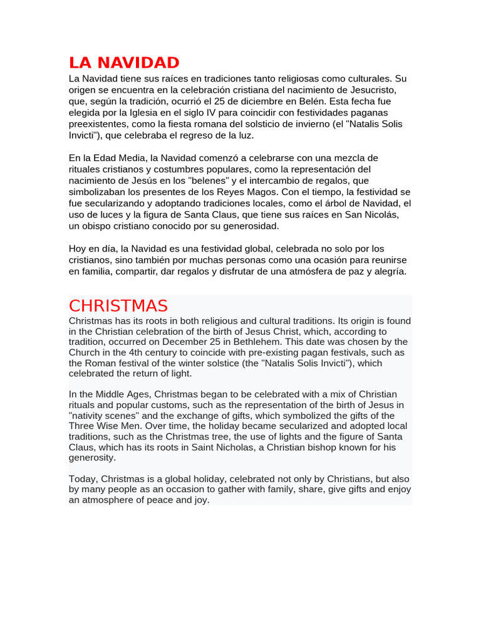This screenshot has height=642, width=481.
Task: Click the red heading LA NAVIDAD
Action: click(124, 63)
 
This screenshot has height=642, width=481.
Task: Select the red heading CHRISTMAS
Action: click(118, 306)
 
